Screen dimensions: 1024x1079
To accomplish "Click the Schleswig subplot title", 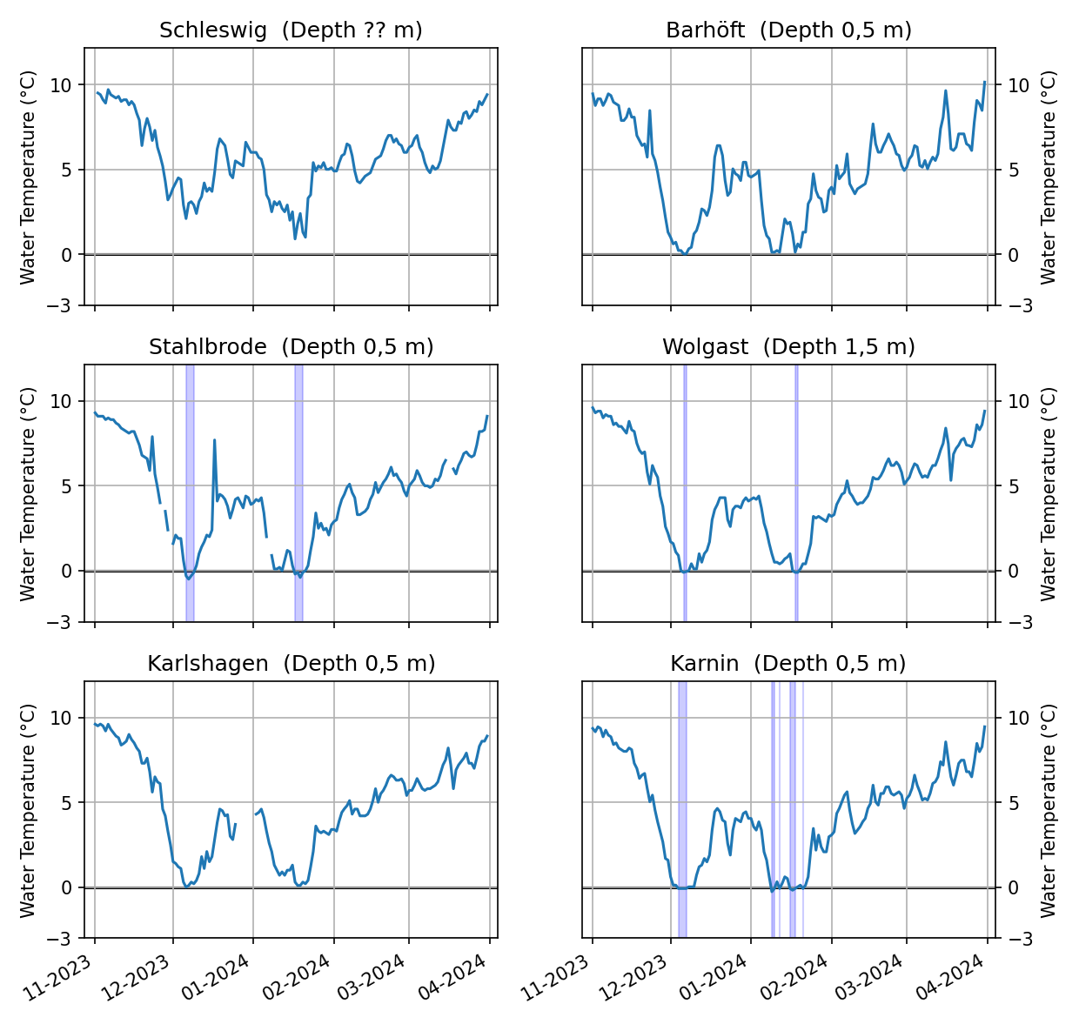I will pos(291,30).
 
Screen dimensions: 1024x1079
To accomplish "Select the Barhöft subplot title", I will pos(788,30).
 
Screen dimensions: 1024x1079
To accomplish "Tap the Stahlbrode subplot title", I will pos(291,347).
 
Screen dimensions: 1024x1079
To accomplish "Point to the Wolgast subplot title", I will pos(788,347).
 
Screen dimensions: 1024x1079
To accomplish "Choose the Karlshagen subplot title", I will pos(291,664).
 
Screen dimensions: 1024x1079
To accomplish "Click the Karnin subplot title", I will pos(788,664).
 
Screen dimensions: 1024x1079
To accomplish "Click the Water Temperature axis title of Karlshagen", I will pos(28,810).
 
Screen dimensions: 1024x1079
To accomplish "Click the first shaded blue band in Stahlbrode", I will pos(190,493).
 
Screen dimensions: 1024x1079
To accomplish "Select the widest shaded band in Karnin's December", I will pos(682,809).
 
